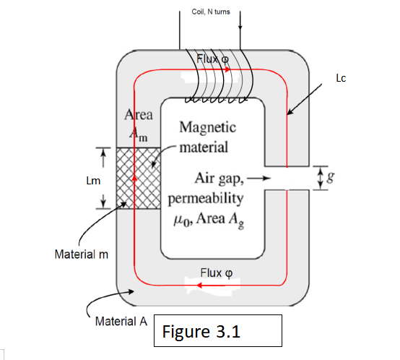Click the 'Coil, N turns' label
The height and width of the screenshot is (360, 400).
coord(211,12)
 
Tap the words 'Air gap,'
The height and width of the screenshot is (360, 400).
coord(220,177)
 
